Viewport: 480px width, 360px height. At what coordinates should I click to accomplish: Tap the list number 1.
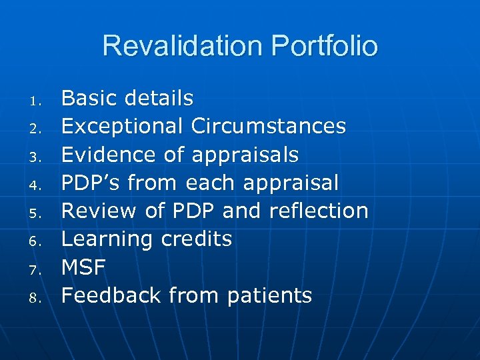[x=37, y=101]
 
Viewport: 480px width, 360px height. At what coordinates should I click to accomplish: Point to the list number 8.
[x=37, y=297]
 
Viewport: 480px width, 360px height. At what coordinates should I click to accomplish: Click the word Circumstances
[x=268, y=126]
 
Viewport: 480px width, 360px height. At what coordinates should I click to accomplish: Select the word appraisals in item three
[x=245, y=155]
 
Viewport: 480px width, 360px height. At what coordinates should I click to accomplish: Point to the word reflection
[x=319, y=210]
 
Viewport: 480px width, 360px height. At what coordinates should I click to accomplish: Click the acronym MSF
[x=83, y=267]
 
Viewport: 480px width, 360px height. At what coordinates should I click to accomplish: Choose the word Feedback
[x=111, y=295]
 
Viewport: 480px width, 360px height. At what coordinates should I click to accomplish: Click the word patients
[x=269, y=295]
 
